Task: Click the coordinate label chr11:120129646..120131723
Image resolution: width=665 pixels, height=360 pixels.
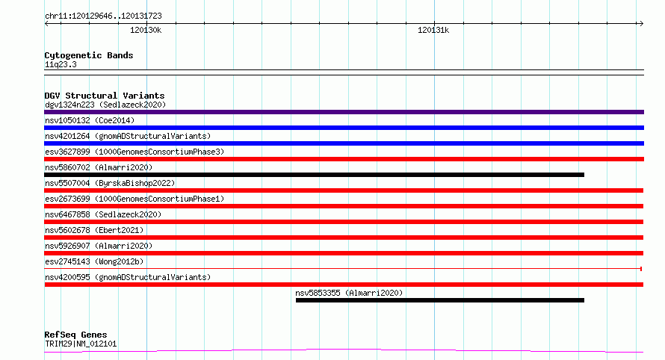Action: pos(103,16)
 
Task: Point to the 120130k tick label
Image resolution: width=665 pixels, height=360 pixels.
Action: pos(146,30)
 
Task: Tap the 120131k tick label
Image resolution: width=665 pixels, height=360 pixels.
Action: pos(433,30)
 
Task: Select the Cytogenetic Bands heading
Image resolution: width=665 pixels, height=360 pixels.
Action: pos(89,55)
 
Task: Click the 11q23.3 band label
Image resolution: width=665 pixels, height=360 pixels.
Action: pos(61,64)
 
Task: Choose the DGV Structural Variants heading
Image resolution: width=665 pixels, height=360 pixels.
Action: pos(105,96)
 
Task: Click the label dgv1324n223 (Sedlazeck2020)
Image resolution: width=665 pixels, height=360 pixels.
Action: pos(105,105)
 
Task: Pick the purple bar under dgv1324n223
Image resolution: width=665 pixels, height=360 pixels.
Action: pos(344,112)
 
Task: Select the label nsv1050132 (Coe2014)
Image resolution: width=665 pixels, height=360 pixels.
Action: pos(90,120)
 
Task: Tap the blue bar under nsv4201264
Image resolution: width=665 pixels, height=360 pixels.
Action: pos(344,143)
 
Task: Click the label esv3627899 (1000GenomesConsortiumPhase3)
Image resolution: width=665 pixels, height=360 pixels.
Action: pos(134,152)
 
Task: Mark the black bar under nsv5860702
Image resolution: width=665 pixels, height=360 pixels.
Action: pos(314,175)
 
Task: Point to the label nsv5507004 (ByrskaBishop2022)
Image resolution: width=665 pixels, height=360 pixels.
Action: pos(110,183)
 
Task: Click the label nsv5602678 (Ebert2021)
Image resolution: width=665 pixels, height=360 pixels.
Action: pos(94,230)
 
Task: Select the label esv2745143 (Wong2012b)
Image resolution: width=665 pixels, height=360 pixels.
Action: pos(94,261)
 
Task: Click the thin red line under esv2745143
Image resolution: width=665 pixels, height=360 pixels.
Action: pos(343,269)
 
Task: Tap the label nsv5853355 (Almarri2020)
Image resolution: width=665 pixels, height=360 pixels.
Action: pos(349,293)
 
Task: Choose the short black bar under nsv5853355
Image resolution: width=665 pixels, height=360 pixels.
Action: pos(440,300)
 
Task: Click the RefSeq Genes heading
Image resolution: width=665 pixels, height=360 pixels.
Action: pos(75,335)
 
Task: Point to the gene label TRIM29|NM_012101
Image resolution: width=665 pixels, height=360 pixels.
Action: pos(81,344)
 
